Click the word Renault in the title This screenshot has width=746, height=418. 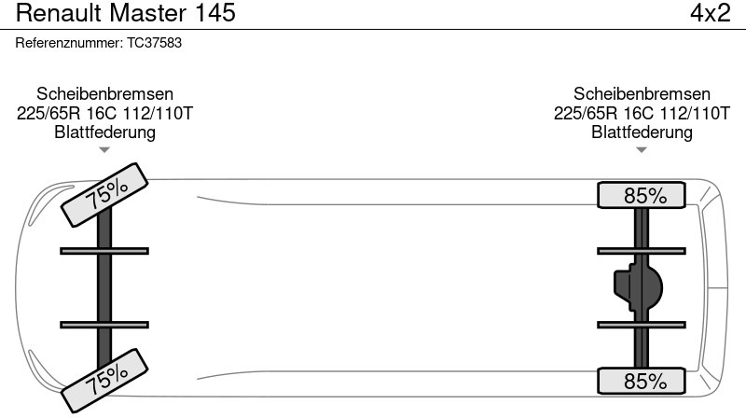[x=60, y=13]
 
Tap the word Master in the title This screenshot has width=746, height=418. [x=147, y=13]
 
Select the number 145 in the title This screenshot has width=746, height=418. [x=215, y=13]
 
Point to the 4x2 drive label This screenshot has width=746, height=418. [x=711, y=13]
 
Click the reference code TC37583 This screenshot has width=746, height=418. [x=154, y=43]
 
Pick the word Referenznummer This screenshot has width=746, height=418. [x=69, y=43]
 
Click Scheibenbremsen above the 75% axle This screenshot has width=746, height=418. [x=104, y=94]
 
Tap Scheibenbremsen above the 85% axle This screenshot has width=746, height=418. [x=642, y=94]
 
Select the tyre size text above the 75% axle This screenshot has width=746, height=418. [x=104, y=113]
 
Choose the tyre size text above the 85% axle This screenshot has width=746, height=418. [x=642, y=113]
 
